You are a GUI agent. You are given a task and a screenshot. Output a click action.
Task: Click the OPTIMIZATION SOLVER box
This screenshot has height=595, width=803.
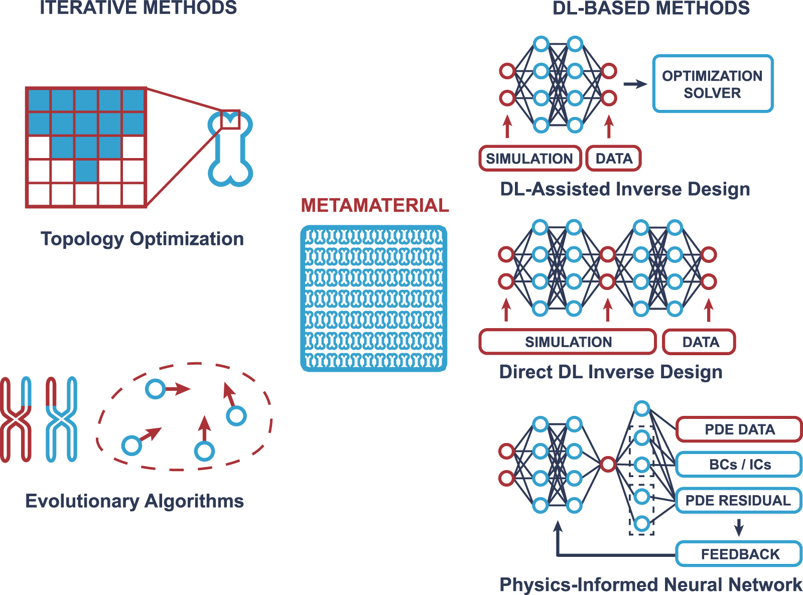(712, 84)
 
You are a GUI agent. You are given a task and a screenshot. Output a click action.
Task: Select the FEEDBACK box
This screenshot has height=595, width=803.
(739, 554)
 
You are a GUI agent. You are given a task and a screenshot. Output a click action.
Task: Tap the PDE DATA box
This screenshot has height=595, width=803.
(739, 429)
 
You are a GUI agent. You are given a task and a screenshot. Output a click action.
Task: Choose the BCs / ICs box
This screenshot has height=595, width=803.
(739, 465)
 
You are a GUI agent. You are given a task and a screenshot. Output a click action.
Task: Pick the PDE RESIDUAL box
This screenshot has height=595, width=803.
(738, 500)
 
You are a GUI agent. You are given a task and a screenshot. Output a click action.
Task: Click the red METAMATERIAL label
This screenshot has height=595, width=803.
(374, 206)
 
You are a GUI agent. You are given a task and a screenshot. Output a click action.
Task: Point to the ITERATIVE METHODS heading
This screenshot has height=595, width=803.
(138, 8)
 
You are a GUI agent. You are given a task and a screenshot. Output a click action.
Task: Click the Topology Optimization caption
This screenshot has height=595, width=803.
(142, 239)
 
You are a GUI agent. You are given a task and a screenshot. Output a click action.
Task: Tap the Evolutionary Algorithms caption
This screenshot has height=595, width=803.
(135, 501)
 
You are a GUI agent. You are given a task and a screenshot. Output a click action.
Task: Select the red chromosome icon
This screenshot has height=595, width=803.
(16, 419)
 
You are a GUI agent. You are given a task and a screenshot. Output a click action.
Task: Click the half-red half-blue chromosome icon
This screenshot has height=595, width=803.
(61, 419)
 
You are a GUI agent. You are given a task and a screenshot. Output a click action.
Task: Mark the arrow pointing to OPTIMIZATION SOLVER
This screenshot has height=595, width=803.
(635, 84)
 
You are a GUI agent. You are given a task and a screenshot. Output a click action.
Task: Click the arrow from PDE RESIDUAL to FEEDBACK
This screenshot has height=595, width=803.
(738, 527)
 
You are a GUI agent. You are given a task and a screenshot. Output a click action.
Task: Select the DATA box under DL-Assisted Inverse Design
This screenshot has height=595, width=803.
(613, 159)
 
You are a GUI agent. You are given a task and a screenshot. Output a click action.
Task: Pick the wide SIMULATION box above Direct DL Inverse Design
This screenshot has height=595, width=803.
(568, 342)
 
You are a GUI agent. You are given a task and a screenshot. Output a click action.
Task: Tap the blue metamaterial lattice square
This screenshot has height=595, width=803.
(373, 299)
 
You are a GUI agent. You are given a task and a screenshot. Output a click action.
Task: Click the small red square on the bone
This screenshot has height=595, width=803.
(230, 119)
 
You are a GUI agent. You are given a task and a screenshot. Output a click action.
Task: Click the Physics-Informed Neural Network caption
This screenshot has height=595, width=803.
(650, 584)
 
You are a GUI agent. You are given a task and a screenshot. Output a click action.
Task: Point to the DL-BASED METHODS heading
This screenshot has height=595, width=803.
(650, 8)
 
